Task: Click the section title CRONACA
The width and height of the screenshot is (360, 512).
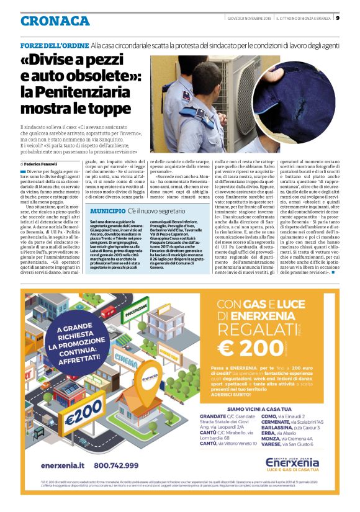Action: (54, 20)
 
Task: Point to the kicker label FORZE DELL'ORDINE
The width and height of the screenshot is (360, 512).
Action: (54, 46)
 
